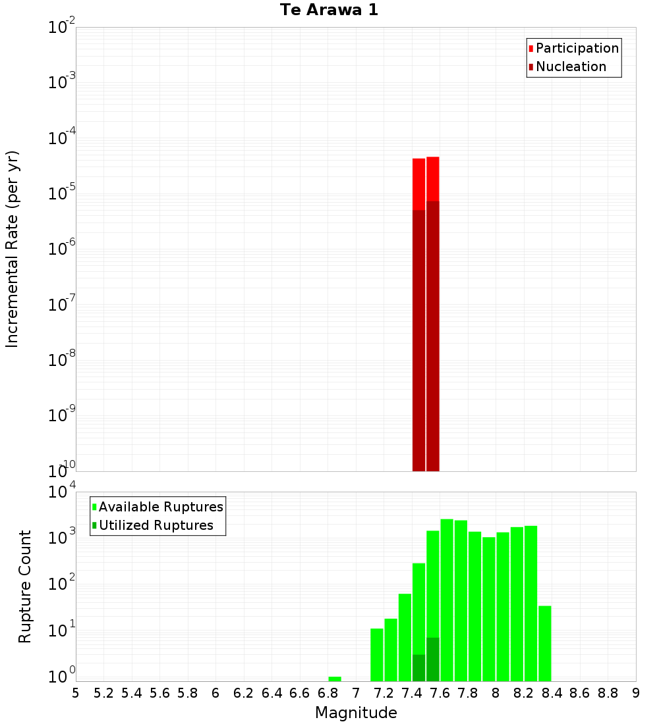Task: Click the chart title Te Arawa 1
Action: pos(329,11)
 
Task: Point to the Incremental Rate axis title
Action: pos(13,249)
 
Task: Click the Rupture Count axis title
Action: pos(25,586)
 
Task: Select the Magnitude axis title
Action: pos(356,713)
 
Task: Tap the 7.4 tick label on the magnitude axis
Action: pos(412,693)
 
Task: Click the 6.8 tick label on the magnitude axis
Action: pos(328,693)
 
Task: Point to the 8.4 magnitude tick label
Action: pos(552,693)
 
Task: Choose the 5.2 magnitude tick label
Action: pos(103,693)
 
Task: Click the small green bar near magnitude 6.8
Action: pos(335,679)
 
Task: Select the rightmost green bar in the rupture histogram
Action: pos(545,643)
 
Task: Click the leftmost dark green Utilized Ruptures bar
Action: pos(418,667)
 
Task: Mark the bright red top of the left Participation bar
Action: pos(418,184)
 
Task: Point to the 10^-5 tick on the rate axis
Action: pos(63,194)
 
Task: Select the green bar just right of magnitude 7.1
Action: pos(377,654)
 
